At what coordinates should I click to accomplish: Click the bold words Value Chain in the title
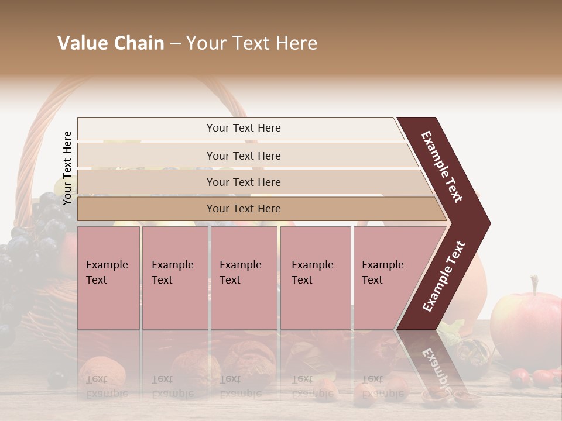click(x=111, y=43)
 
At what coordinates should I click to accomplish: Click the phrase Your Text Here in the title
click(x=252, y=43)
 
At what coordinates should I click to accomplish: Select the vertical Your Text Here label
click(x=67, y=168)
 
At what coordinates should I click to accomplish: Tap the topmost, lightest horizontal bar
click(x=243, y=128)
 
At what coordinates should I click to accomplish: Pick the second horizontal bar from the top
click(x=243, y=156)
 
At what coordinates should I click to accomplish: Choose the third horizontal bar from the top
click(x=243, y=182)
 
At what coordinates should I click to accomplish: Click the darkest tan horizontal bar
click(x=243, y=209)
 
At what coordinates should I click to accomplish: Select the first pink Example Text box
click(x=108, y=278)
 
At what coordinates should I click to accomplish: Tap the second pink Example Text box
click(x=174, y=278)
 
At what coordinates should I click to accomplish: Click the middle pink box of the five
click(x=244, y=278)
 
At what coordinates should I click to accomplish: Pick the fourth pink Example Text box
click(x=316, y=278)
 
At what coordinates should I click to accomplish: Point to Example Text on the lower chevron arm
click(x=444, y=276)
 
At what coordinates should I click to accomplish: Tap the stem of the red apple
click(x=534, y=285)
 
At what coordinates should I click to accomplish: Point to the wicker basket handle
click(x=35, y=146)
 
